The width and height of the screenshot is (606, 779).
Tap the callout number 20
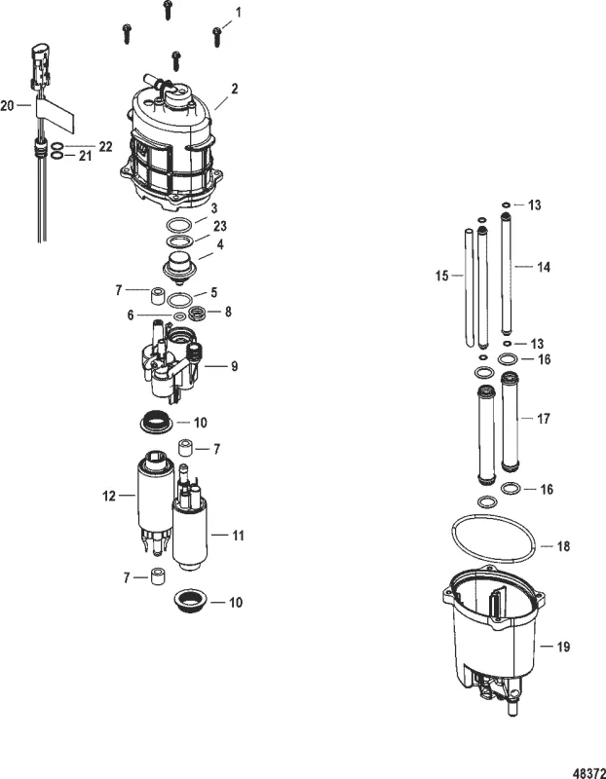point(8,105)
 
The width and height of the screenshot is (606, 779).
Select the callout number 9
point(234,367)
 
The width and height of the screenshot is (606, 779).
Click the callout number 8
point(228,313)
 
